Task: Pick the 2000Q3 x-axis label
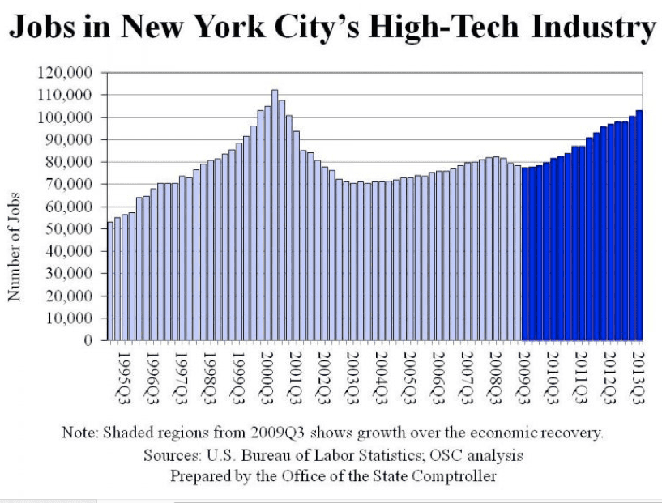(x=265, y=372)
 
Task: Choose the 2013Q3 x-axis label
(x=638, y=372)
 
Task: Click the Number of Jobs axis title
(x=14, y=247)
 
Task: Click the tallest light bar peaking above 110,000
(x=275, y=215)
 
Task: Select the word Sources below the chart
(x=169, y=454)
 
